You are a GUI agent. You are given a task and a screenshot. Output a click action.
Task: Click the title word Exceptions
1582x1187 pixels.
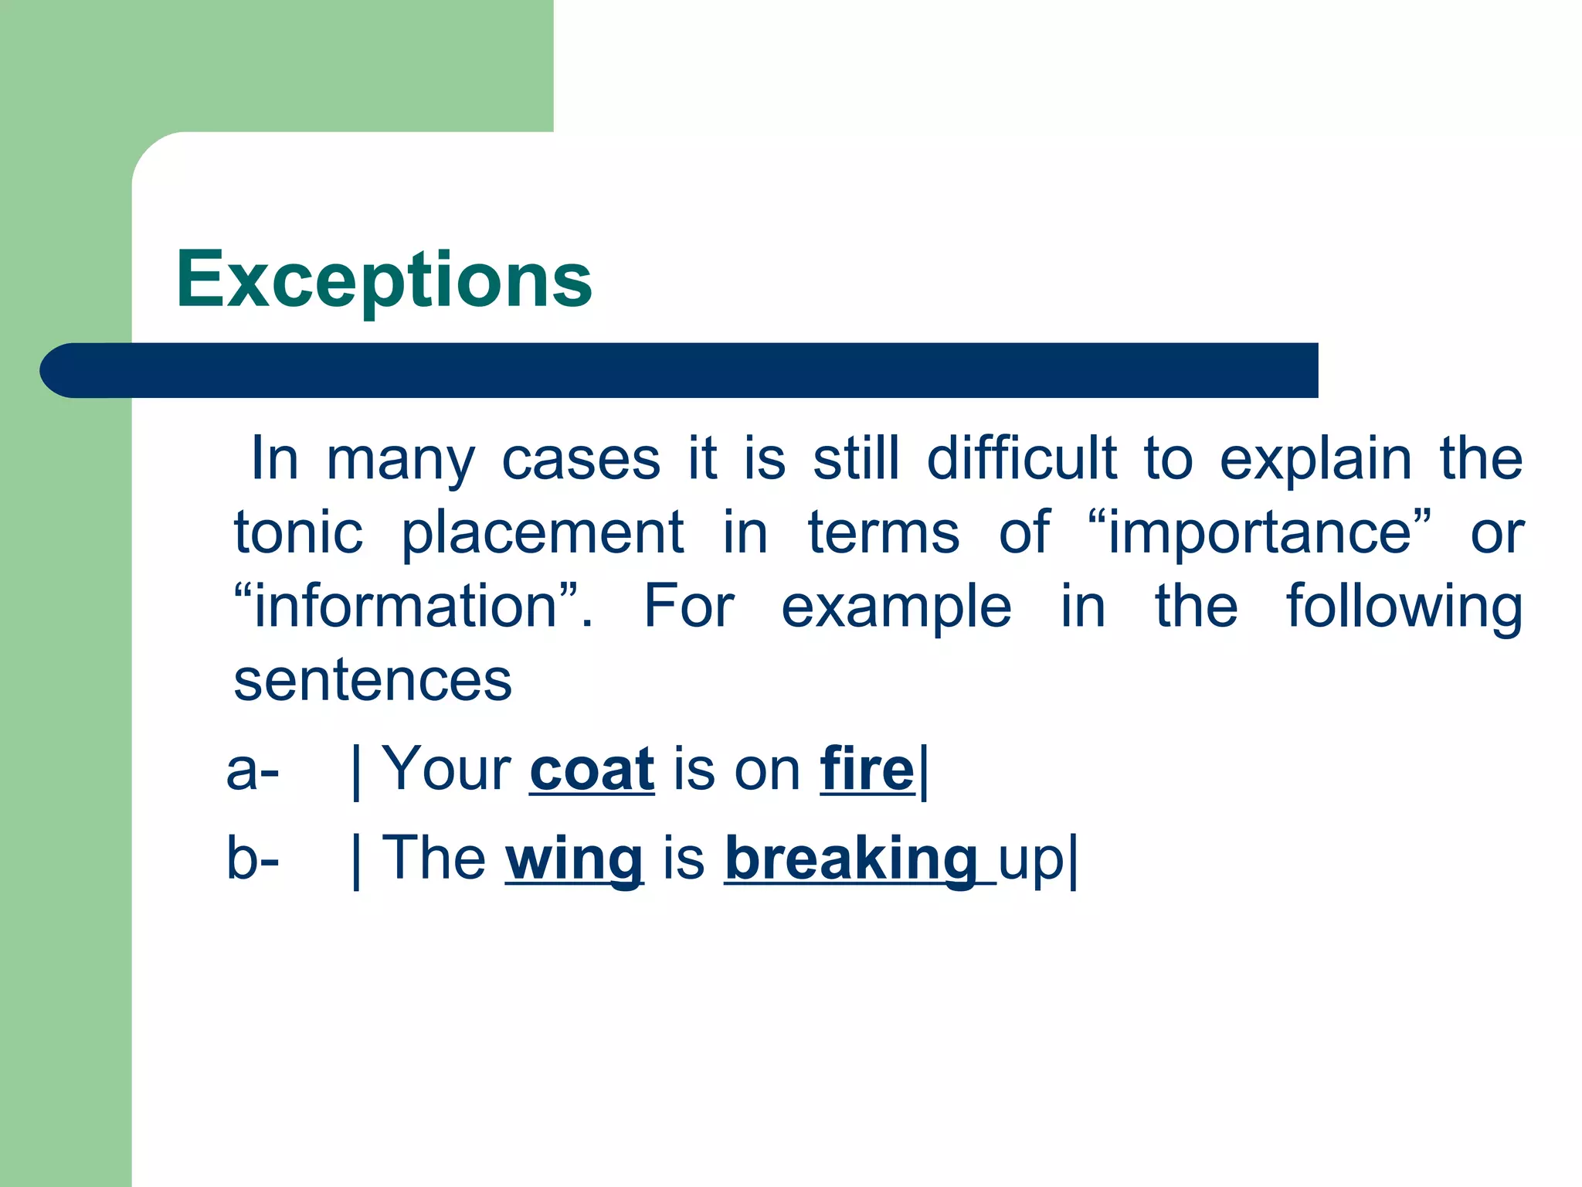(x=384, y=280)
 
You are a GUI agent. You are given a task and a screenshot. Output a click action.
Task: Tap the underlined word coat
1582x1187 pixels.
(x=592, y=770)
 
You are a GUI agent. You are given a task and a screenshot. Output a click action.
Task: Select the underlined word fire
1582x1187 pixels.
(x=867, y=770)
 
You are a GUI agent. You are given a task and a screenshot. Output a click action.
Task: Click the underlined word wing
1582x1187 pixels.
(x=574, y=859)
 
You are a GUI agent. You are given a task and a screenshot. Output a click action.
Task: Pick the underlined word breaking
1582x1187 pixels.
(x=850, y=859)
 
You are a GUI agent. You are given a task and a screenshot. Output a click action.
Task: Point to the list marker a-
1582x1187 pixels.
(x=253, y=771)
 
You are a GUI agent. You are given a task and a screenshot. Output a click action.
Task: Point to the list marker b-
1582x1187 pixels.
(x=253, y=859)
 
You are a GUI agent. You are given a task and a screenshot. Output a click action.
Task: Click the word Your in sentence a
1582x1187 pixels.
(x=446, y=770)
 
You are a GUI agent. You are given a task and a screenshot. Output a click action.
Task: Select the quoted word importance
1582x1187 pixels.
(x=1259, y=532)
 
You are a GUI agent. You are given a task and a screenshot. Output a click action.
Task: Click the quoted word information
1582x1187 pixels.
(x=406, y=607)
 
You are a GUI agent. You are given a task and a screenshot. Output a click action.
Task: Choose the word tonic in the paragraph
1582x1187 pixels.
(x=298, y=532)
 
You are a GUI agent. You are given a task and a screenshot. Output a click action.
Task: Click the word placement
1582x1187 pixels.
(x=542, y=532)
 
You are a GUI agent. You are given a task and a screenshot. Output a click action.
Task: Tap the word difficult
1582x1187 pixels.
(x=1021, y=459)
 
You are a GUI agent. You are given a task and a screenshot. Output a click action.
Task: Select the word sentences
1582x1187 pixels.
(x=372, y=681)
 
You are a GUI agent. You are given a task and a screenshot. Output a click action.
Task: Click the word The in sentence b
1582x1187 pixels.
(x=434, y=859)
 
